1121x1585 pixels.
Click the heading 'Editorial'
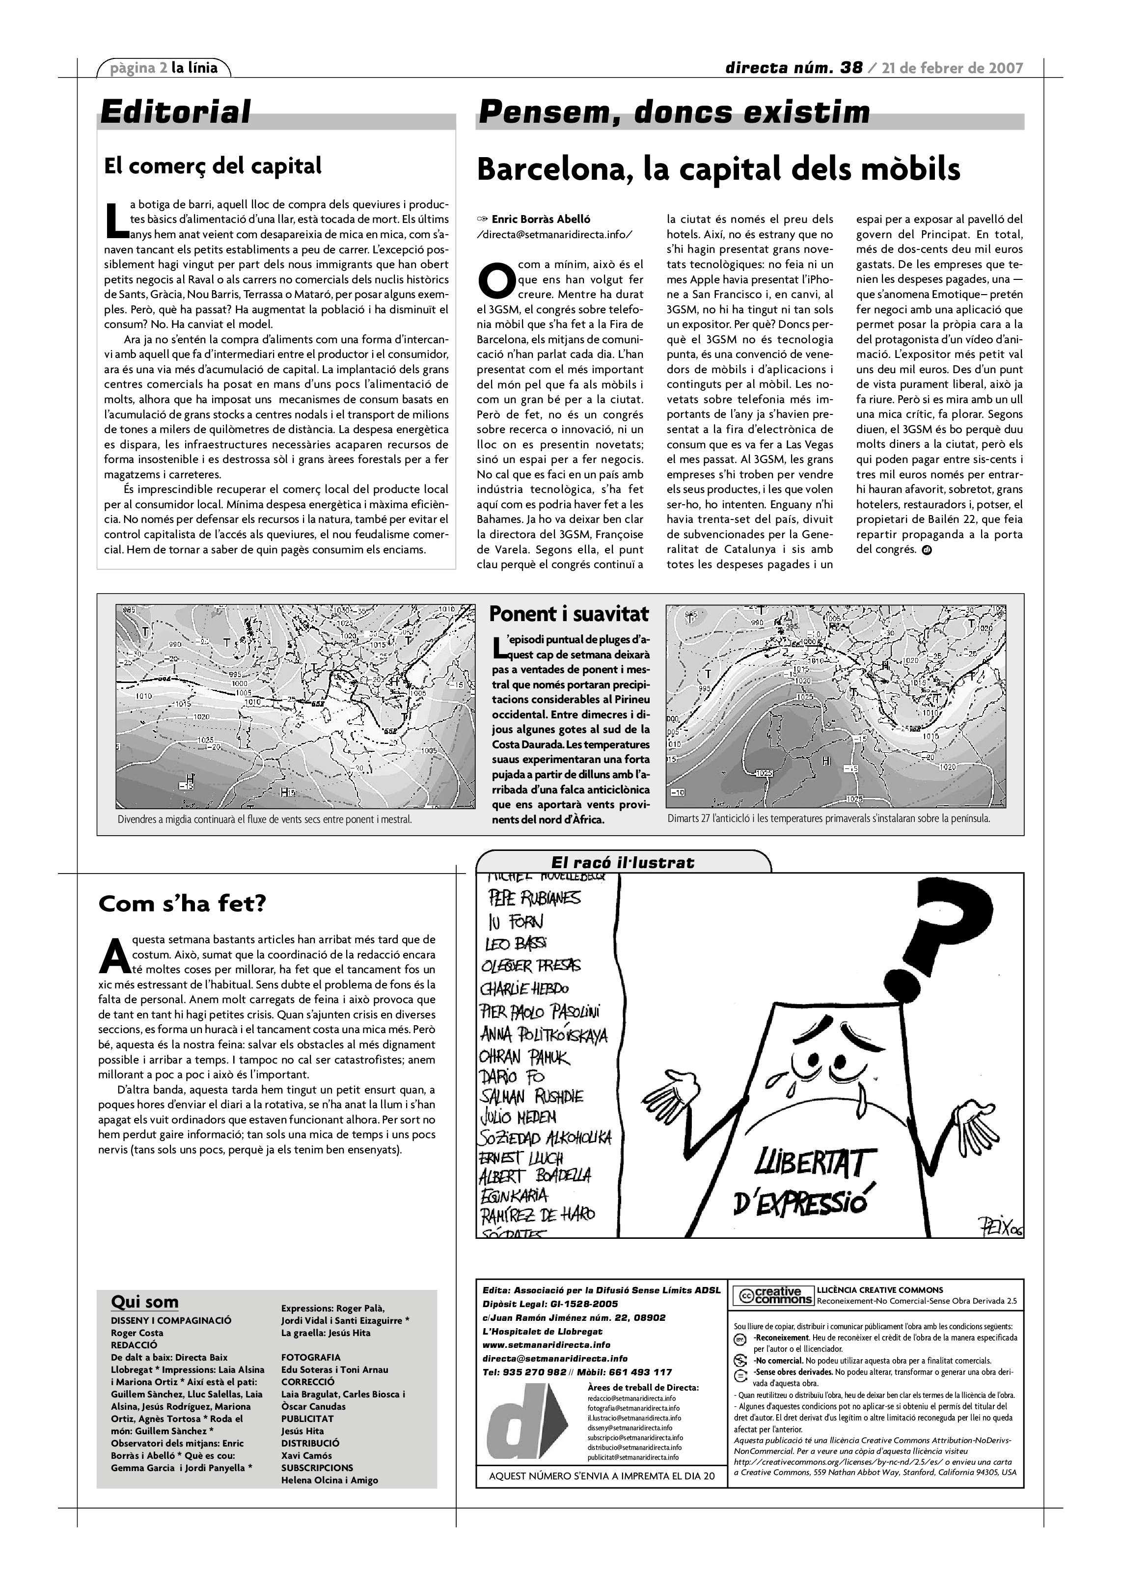pos(175,112)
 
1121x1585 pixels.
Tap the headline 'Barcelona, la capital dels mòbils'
pos(718,169)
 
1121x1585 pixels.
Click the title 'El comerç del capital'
pos(213,165)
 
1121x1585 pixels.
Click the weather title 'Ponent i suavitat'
pos(569,614)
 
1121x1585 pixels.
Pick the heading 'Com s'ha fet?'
pos(182,903)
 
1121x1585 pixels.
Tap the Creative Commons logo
pos(772,1296)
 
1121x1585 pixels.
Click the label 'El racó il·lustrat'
pos(622,862)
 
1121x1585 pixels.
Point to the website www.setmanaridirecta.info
pos(546,1345)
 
